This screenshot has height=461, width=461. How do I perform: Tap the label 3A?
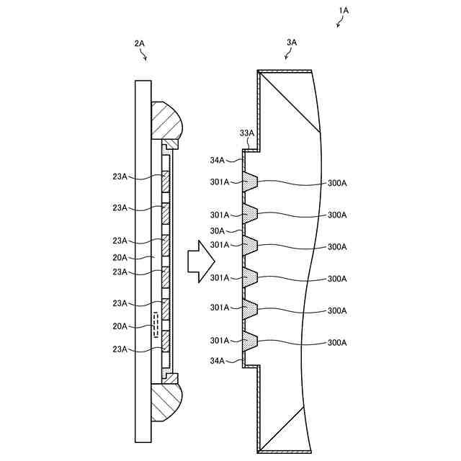[x=292, y=42]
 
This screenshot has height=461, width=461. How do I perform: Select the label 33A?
[x=247, y=133]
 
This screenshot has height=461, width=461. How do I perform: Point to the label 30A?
[x=217, y=230]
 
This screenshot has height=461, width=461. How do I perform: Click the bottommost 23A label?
[x=120, y=349]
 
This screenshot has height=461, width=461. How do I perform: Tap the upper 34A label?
[x=217, y=160]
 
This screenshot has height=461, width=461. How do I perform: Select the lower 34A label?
[x=217, y=361]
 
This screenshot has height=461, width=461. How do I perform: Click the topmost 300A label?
[x=337, y=183]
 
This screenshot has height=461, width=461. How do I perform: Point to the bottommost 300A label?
[x=337, y=342]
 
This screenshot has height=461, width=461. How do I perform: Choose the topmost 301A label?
[x=220, y=182]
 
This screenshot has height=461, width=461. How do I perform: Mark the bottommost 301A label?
[x=220, y=340]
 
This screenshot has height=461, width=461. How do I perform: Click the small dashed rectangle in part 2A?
[x=156, y=325]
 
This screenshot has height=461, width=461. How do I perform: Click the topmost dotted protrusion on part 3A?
[x=250, y=182]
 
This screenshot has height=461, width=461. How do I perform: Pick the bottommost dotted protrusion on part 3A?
[x=250, y=341]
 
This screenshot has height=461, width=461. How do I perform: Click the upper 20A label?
[x=120, y=257]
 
